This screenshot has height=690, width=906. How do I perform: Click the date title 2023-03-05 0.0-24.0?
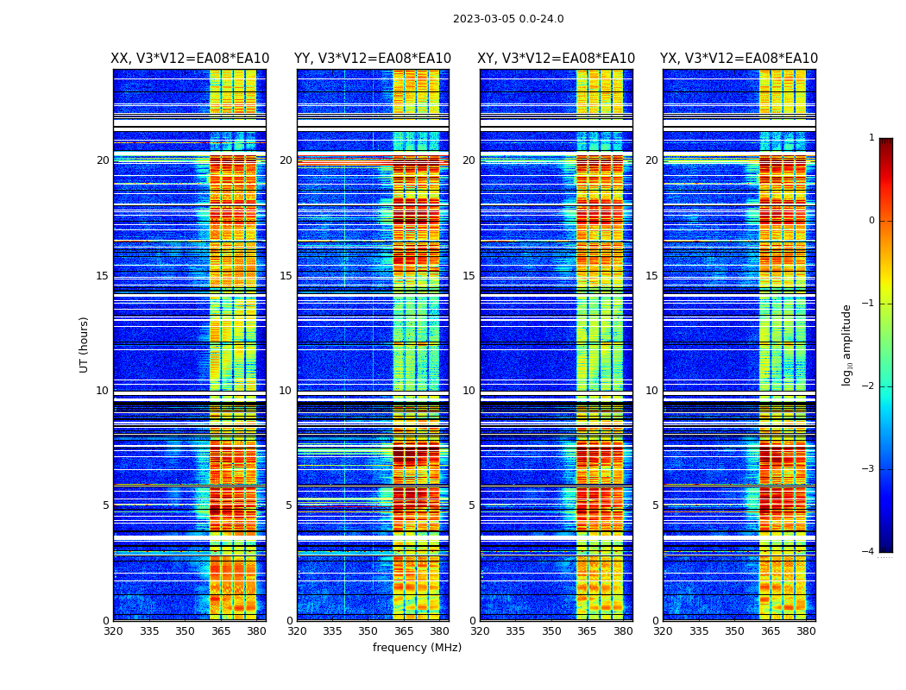508,19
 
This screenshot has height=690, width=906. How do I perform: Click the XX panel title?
190,59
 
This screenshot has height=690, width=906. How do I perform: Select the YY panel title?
373,59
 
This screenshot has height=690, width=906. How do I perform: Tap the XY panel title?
557,59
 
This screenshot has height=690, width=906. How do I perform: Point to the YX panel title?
739,59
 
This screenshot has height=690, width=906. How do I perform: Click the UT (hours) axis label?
85,344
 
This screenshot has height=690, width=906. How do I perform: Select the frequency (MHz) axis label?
417,648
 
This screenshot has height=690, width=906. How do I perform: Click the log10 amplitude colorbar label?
847,344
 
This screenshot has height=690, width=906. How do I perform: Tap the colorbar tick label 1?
871,138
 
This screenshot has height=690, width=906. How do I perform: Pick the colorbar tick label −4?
869,552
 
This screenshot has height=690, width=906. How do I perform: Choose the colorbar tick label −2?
869,386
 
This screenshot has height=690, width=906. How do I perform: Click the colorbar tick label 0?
871,221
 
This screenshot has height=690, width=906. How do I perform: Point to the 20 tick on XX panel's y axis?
103,160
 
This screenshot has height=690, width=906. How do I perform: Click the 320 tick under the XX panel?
113,631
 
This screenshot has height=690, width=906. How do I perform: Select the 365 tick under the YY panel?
404,631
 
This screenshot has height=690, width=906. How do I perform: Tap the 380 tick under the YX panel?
806,631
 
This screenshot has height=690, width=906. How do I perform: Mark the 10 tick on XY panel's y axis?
469,391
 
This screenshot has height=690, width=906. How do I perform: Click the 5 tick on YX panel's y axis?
655,505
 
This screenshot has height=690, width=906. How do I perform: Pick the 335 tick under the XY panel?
516,631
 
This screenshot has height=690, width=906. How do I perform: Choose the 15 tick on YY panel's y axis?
286,276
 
